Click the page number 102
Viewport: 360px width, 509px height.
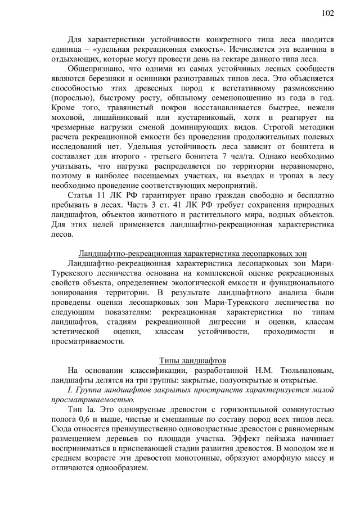[328, 12]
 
